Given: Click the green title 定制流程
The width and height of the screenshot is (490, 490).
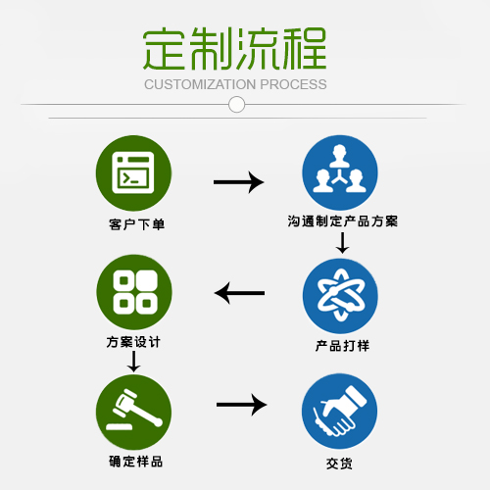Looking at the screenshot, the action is click(235, 49).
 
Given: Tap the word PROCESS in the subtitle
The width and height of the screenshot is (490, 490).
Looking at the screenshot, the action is click(293, 84).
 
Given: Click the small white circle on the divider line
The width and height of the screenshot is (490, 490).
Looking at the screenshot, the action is click(236, 105).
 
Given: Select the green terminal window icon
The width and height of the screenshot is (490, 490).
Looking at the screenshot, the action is click(133, 173).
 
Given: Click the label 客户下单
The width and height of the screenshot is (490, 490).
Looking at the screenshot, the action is click(137, 224).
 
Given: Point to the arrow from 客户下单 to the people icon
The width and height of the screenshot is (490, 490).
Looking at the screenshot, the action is click(238, 182).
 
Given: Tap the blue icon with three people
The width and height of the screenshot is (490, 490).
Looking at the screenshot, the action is click(340, 172).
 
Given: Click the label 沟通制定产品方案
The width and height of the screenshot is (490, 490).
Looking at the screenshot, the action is click(343, 221).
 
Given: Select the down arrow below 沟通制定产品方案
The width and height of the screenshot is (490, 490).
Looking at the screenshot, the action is click(342, 243).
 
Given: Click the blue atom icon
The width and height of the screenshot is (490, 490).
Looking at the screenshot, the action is click(340, 296).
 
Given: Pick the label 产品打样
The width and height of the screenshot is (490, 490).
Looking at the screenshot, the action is click(342, 346).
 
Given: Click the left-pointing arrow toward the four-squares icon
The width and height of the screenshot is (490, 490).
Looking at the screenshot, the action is click(239, 293).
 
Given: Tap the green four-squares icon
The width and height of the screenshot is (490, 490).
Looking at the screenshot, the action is click(134, 292).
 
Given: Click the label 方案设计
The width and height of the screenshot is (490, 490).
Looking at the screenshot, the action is click(133, 342).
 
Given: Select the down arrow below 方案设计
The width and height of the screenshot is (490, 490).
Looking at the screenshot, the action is click(133, 362).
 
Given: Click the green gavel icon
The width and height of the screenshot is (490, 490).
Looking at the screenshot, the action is click(133, 412).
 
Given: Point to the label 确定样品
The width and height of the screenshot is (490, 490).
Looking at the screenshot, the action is click(136, 462).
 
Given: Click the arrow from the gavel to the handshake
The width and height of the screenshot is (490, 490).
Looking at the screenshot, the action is click(241, 405).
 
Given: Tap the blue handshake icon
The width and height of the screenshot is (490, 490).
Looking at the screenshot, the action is click(340, 412).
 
